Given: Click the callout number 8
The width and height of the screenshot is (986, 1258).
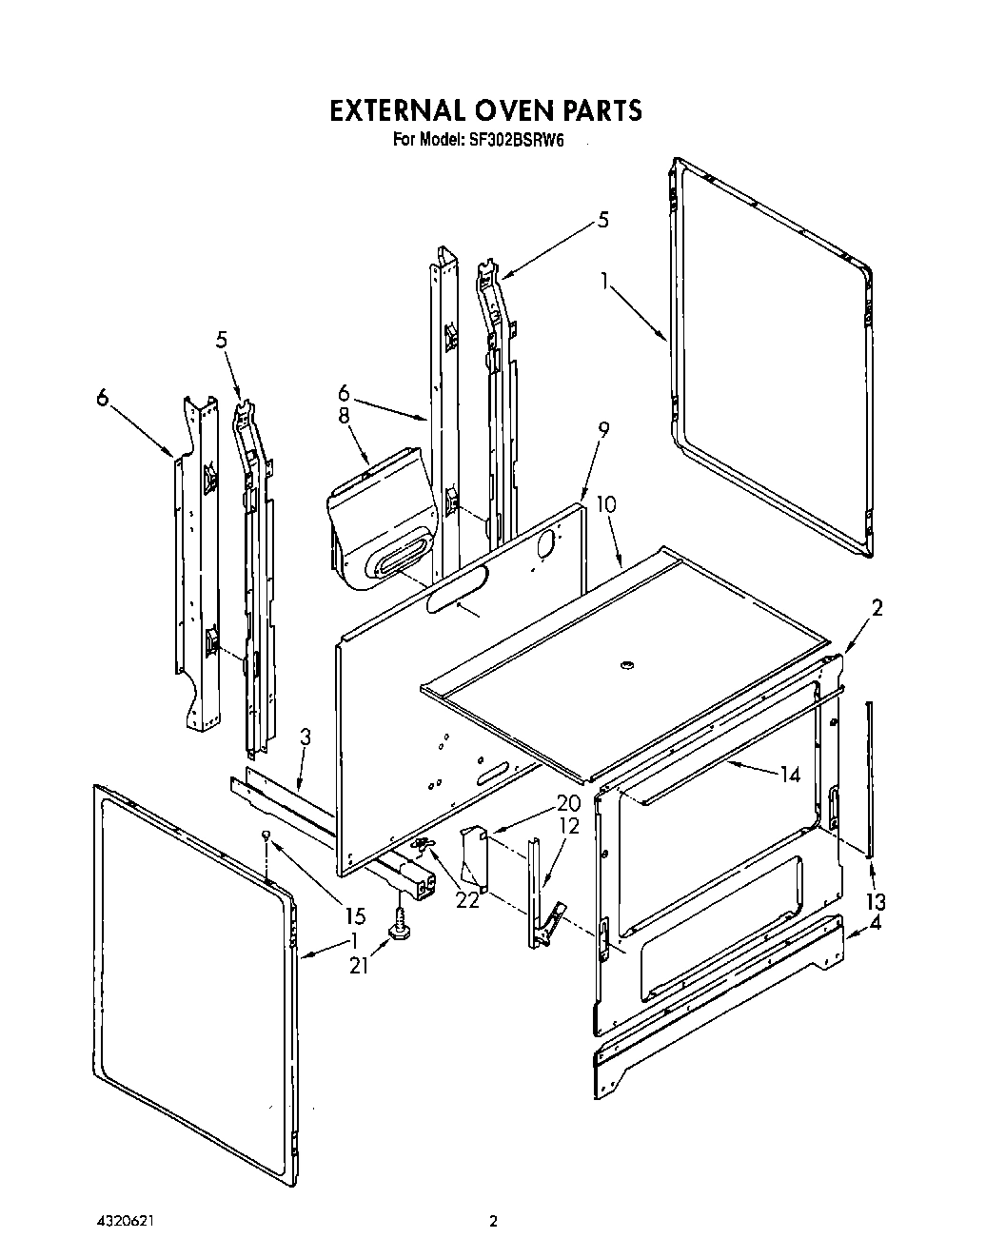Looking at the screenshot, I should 344,416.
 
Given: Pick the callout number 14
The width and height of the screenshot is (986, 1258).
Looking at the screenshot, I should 789,774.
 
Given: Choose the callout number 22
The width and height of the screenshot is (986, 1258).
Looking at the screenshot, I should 467,898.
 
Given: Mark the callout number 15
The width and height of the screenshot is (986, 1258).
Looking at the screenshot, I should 354,916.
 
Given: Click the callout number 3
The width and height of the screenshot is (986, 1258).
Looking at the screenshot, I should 305,737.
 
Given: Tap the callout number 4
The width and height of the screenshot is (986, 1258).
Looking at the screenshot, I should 876,922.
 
